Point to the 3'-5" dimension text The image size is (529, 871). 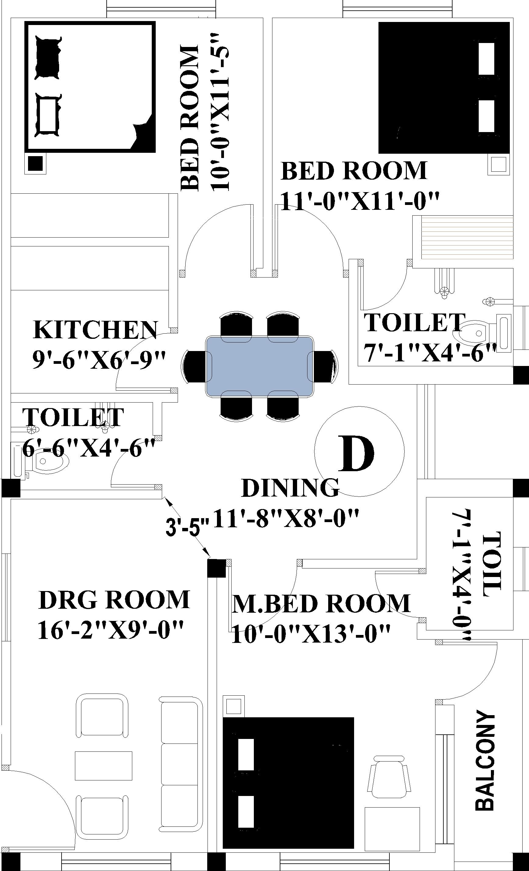coord(187,528)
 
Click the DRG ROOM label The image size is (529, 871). coord(114,600)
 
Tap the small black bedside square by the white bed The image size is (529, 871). coord(35,163)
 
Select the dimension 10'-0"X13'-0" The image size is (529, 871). coord(311,633)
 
